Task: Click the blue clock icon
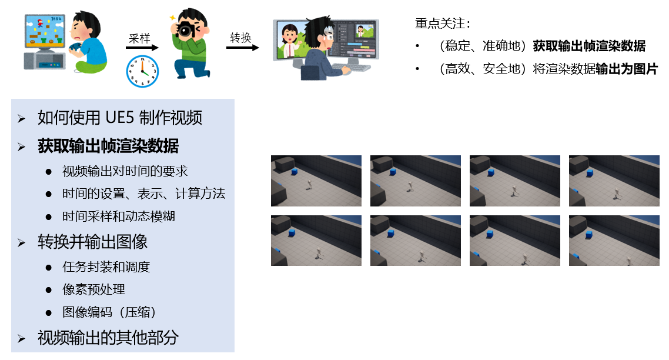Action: click(142, 71)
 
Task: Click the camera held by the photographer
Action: click(186, 31)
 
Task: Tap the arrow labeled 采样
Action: click(142, 48)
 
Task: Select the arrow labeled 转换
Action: click(242, 48)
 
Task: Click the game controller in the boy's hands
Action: click(77, 47)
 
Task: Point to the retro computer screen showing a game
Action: click(44, 31)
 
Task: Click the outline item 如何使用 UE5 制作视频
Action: click(120, 118)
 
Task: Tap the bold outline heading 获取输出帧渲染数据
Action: click(108, 146)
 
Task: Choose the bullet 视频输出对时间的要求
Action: click(125, 171)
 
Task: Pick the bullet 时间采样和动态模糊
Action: click(119, 216)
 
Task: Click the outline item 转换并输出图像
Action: click(92, 242)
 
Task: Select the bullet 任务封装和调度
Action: click(106, 267)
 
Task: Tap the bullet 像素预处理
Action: click(94, 289)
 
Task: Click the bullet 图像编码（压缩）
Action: click(109, 312)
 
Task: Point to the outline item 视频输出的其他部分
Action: click(108, 338)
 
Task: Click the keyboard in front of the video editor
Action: click(352, 68)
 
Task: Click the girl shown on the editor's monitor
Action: click(290, 40)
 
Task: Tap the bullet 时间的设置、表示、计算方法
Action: click(144, 194)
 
